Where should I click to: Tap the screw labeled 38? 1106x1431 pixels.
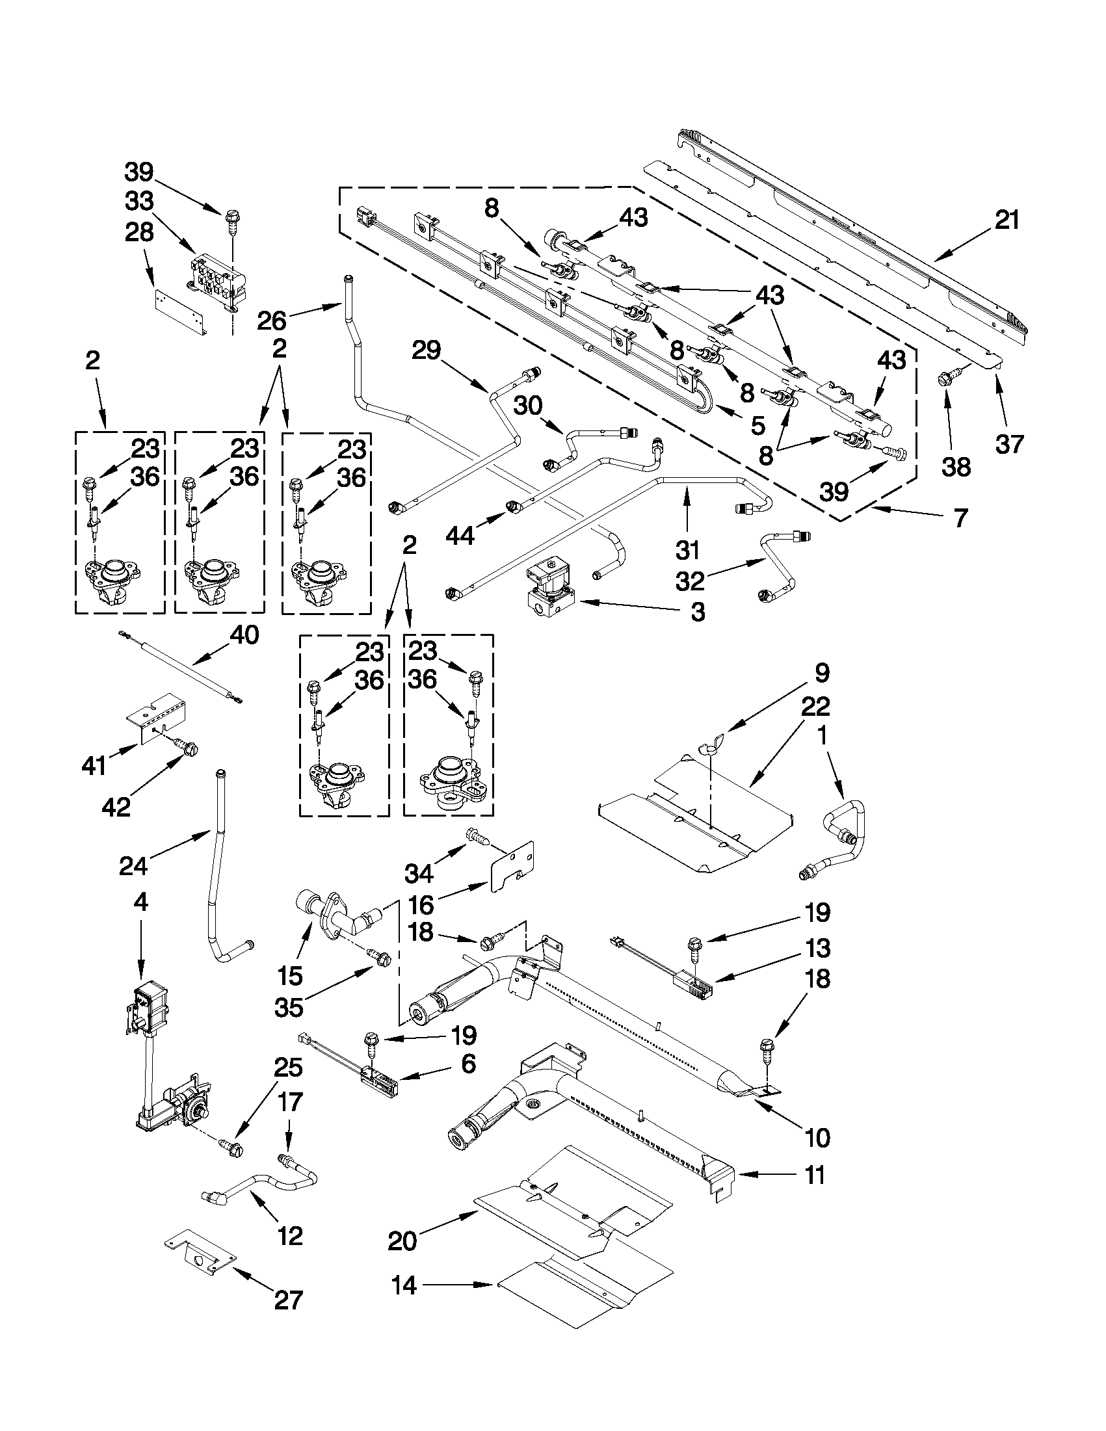pyautogui.click(x=947, y=378)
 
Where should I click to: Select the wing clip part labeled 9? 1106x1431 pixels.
pyautogui.click(x=710, y=746)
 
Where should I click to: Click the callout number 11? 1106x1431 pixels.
pyautogui.click(x=815, y=1175)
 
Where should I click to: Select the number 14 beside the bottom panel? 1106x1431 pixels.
pyautogui.click(x=404, y=1285)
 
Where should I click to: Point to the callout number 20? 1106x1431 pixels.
pyautogui.click(x=402, y=1241)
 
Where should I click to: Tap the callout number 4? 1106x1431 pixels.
pyautogui.click(x=140, y=902)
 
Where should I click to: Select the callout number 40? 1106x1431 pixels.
pyautogui.click(x=244, y=635)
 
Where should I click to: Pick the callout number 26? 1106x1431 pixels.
pyautogui.click(x=270, y=321)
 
